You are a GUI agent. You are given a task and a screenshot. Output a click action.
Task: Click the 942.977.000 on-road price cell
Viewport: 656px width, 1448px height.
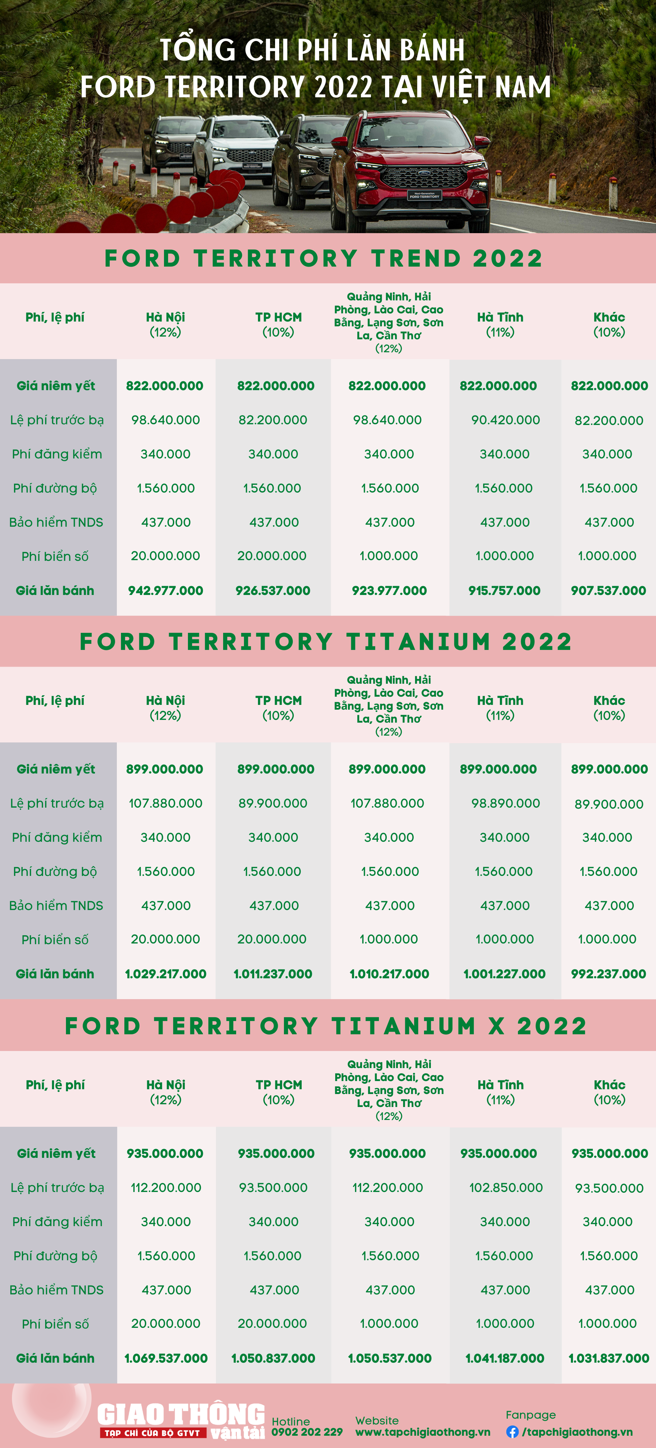point(165,590)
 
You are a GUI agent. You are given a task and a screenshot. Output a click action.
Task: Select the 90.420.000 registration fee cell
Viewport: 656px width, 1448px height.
point(505,420)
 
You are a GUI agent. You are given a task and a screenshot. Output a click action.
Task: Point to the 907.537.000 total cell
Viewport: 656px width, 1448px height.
point(608,590)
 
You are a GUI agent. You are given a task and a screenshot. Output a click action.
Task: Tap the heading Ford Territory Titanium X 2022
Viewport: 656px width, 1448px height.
point(326,1026)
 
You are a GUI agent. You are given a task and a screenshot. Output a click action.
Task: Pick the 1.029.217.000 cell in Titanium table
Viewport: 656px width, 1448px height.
point(165,974)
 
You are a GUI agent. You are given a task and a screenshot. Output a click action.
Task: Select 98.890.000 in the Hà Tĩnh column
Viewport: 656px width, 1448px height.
point(505,803)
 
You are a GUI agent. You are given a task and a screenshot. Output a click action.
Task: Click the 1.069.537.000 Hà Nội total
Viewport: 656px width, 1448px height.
point(166,1358)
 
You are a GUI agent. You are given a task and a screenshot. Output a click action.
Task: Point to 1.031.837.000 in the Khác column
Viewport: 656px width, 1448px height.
point(609,1358)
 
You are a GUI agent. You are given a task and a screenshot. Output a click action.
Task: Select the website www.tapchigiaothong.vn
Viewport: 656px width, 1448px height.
point(423,1432)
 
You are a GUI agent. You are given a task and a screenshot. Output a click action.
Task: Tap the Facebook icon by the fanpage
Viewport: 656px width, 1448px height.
point(512,1432)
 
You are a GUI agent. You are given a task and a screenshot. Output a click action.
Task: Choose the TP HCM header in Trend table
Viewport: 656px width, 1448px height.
point(278,324)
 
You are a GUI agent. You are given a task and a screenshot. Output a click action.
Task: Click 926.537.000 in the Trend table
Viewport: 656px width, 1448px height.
point(273,590)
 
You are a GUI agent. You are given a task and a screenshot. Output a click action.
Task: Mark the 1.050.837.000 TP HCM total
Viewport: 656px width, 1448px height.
point(273,1358)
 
